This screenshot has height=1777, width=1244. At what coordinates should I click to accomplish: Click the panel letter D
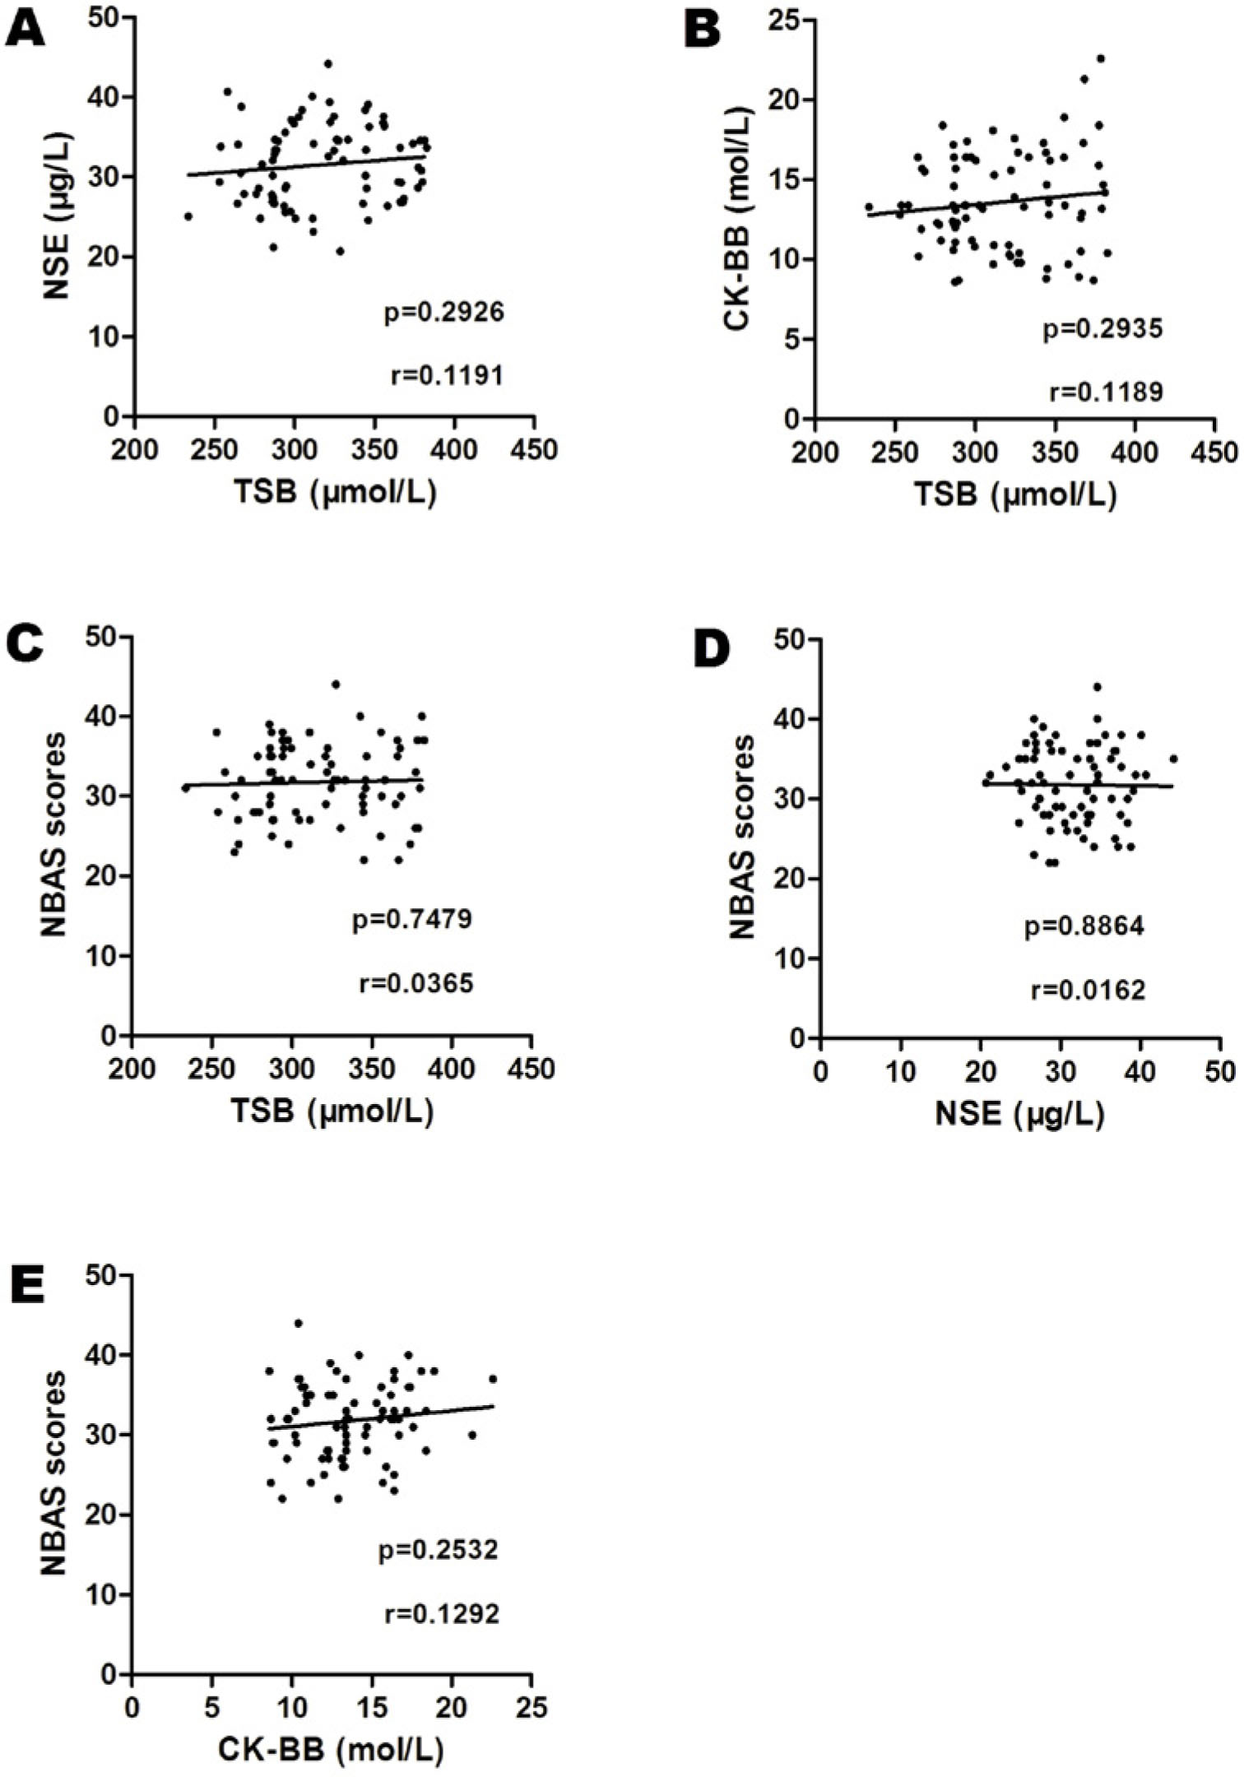coord(711,651)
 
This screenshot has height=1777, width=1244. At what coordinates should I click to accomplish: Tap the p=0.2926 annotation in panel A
coord(443,313)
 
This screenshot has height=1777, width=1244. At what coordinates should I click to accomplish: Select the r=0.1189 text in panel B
coord(1107,392)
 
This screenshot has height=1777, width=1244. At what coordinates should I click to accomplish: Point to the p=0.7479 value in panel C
coord(412,918)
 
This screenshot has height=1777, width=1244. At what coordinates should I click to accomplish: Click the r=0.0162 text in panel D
coord(1088,990)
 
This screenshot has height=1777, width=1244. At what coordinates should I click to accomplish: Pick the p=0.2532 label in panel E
coord(439,1550)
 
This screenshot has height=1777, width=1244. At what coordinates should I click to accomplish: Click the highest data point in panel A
coord(327,63)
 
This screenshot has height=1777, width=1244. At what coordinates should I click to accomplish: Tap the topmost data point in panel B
coord(1100,58)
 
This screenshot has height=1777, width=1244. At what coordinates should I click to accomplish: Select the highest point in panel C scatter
coord(336,684)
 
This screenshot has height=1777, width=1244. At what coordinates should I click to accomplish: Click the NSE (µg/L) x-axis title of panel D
coord(1019,1113)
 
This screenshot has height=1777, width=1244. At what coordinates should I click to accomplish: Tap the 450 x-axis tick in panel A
coord(534,450)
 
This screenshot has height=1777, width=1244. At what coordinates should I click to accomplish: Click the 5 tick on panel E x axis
coord(211,1707)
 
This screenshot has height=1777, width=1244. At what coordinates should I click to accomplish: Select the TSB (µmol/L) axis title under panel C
coord(331,1111)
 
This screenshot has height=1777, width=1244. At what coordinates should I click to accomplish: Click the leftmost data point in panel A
coord(188,216)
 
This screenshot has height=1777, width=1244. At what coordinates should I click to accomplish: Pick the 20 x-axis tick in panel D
coord(980,1073)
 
